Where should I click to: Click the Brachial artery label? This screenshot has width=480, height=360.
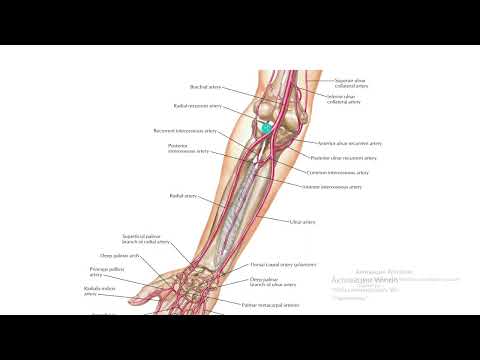point(204,88)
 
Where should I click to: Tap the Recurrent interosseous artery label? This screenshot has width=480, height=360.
point(180,131)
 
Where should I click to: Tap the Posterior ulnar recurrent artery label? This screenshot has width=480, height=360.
point(344,158)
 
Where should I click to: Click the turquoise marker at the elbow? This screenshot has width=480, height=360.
point(265,128)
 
